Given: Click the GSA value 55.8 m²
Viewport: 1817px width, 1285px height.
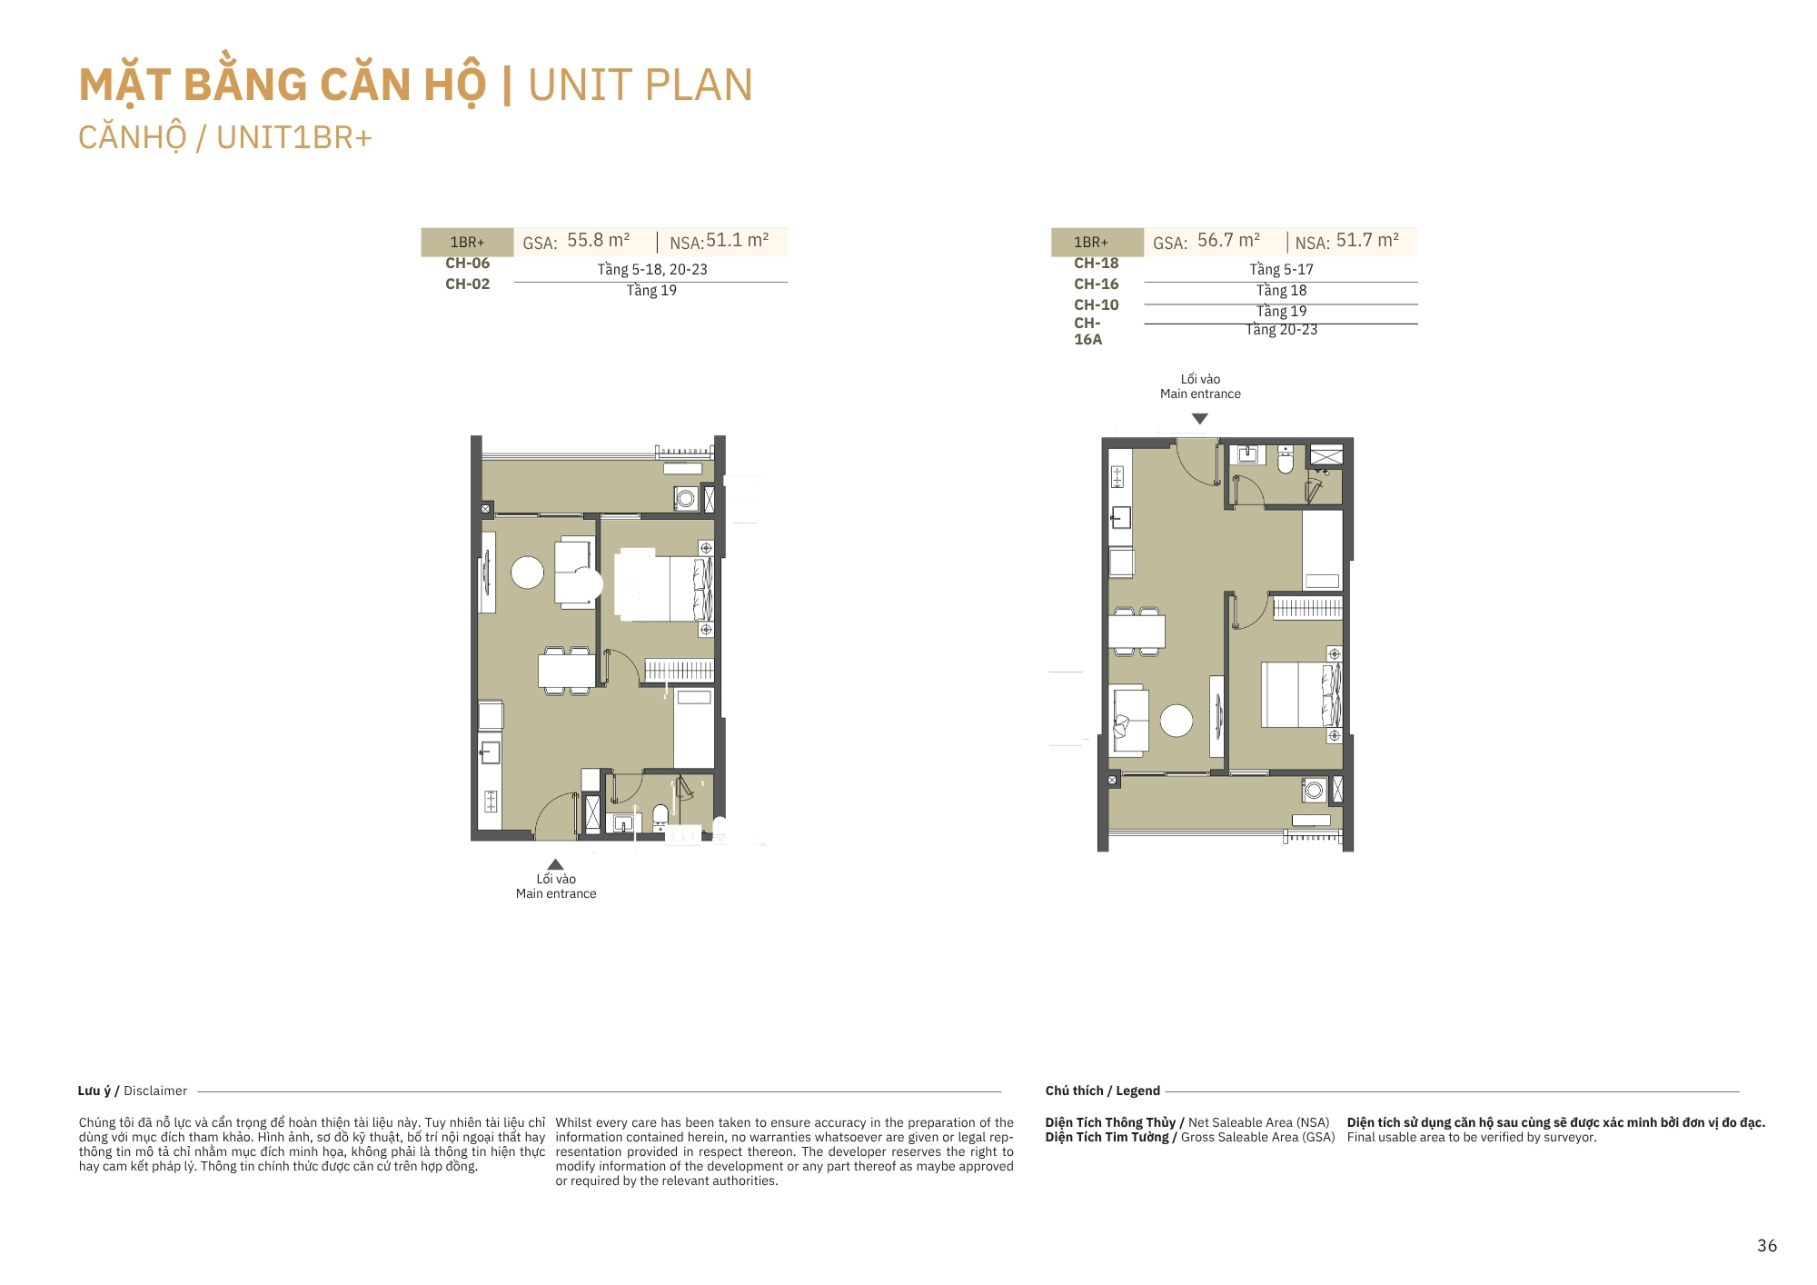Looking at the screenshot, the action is click(598, 240).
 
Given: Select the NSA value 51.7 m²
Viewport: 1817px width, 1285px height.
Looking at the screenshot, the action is click(1367, 240).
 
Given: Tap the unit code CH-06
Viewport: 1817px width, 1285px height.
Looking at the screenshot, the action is click(467, 263).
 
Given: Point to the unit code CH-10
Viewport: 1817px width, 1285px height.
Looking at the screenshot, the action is click(1097, 304).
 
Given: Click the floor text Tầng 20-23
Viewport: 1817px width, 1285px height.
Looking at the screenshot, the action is click(1281, 329).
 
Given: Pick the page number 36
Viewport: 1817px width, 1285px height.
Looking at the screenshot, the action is click(1767, 1245).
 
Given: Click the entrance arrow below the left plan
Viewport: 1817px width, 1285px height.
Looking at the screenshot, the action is click(555, 864).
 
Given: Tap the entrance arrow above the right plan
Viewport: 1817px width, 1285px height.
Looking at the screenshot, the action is click(1200, 419).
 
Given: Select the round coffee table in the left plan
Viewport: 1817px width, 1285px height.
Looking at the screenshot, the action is click(527, 573).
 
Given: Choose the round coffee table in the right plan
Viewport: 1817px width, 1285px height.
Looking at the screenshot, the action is click(1177, 721).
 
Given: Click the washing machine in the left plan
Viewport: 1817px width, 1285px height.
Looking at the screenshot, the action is click(686, 498).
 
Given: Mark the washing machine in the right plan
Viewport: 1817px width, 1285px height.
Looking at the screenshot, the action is click(1314, 791).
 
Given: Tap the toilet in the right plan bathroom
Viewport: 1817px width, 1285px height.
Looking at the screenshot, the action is click(1285, 460).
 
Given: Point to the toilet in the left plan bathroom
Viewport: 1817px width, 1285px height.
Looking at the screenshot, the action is click(660, 816).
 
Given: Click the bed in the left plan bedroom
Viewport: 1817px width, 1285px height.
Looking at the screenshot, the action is click(664, 588).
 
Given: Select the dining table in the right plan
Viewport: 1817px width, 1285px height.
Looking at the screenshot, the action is click(1137, 631).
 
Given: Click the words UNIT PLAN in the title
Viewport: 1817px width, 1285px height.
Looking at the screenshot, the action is click(640, 85).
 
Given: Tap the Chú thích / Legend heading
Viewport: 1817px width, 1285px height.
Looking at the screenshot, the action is click(1103, 1091).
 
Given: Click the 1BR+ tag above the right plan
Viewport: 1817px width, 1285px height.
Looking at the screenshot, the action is click(1091, 242).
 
